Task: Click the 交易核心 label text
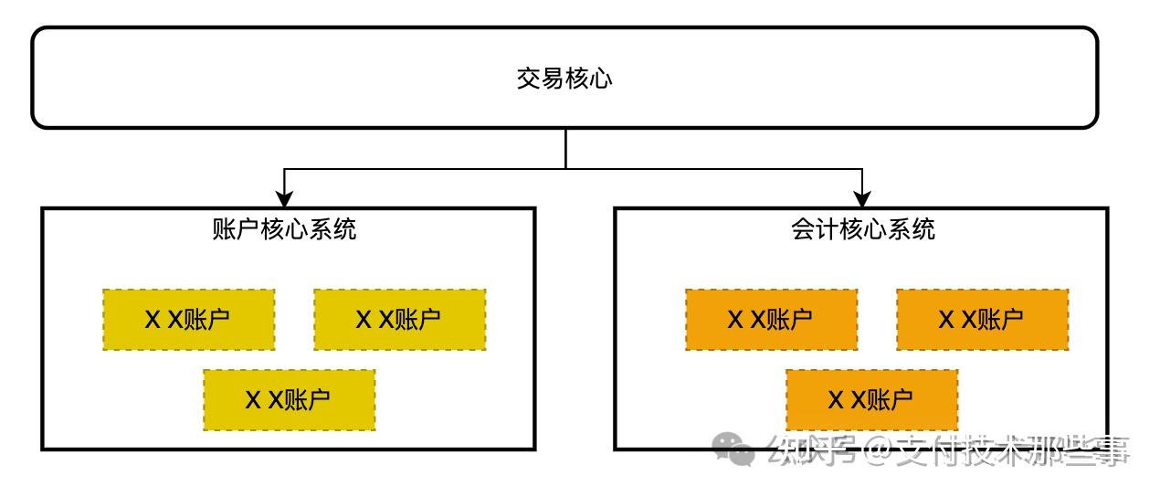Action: tap(564, 79)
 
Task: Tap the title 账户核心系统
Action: tap(284, 228)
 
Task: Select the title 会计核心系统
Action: tap(863, 228)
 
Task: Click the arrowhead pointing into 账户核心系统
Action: tap(284, 198)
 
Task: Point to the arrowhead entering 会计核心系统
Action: tap(861, 198)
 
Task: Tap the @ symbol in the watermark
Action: tap(877, 449)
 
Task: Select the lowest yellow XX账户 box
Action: tap(289, 400)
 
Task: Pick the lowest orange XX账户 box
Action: tap(871, 400)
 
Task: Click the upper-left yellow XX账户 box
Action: tap(188, 320)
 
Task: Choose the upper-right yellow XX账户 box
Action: tap(399, 320)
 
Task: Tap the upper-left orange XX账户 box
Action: tap(771, 320)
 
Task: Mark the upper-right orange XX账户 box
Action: tap(982, 320)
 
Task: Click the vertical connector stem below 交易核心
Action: tap(565, 149)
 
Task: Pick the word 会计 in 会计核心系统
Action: tap(815, 228)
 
